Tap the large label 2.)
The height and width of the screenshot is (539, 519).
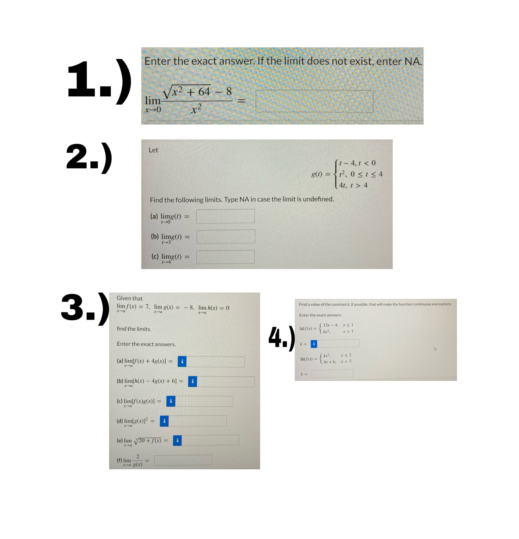[x=89, y=158]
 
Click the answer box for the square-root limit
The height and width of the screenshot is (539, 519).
[x=314, y=101]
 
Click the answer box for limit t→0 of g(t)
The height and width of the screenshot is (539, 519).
[x=225, y=216]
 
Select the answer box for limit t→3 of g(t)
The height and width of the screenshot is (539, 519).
[x=226, y=237]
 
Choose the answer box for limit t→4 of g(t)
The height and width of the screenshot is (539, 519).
[x=225, y=257]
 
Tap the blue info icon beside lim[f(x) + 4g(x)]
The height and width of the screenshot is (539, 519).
[x=182, y=361]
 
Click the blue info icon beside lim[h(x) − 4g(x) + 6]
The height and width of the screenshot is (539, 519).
[x=192, y=381]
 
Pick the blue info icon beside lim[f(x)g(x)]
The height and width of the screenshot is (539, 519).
[x=171, y=401]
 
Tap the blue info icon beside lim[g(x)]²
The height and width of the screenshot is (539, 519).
[x=164, y=421]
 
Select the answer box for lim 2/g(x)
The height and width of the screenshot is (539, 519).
[x=183, y=460]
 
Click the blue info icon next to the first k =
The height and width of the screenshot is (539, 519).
[x=314, y=344]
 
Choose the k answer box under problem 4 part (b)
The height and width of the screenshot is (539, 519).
[x=332, y=373]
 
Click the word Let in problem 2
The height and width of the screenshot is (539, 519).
[x=153, y=150]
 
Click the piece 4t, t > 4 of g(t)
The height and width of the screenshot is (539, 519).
[x=353, y=185]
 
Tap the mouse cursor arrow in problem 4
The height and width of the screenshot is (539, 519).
[x=435, y=349]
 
